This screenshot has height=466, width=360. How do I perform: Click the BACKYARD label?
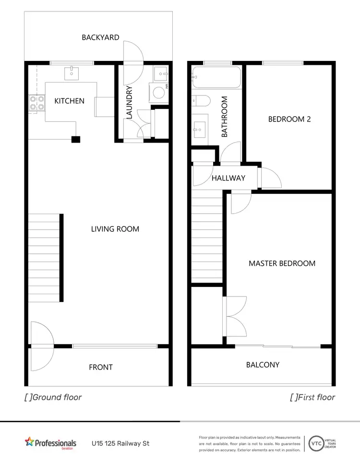100,37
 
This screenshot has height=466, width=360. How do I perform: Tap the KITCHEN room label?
69,101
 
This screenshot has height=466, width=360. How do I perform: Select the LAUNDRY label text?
129,102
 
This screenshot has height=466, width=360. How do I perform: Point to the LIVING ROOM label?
115,229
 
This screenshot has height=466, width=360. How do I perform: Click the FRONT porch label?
101,367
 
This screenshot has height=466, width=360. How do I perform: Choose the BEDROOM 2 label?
289,119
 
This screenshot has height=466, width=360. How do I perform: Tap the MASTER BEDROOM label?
282,263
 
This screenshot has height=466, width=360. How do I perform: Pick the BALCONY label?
263,365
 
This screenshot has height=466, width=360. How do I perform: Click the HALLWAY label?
228,178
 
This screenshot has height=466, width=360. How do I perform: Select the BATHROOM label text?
224,117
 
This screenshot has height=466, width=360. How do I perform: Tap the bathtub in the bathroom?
216,78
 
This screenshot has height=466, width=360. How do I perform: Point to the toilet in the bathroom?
201,101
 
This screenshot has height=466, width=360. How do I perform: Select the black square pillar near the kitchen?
75,139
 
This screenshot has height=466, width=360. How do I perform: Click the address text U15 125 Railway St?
120,443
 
